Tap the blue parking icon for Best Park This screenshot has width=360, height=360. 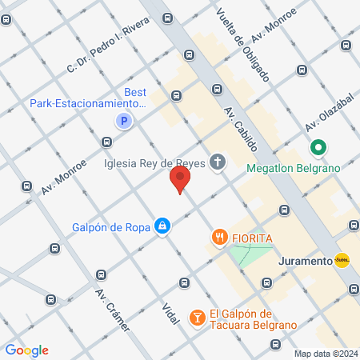point(122,122)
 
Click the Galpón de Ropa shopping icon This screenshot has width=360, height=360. point(162,226)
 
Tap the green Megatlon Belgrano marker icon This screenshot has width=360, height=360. point(318,148)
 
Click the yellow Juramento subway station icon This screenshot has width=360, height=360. point(342,261)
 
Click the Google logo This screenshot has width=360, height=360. point(26,350)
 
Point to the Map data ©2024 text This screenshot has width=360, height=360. point(324,353)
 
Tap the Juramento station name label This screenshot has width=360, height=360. point(304,261)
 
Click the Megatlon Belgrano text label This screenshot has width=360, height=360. point(294,168)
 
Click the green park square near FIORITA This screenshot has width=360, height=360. point(250,254)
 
